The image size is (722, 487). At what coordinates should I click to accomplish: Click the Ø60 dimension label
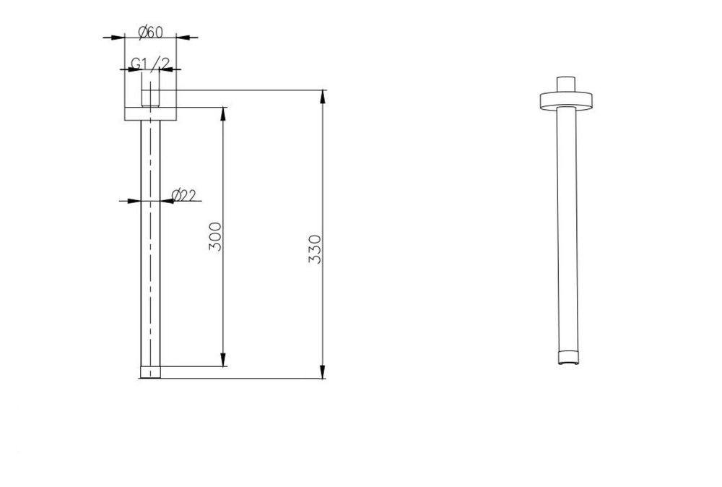tap(151, 32)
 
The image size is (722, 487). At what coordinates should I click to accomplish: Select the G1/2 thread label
tap(151, 63)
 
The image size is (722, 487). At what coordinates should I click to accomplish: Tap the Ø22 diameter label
tap(183, 195)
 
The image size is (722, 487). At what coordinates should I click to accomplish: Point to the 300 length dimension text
tap(215, 236)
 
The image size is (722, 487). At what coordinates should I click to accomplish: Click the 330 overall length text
tap(315, 249)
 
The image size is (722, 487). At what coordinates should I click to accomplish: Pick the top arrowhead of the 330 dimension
tap(323, 98)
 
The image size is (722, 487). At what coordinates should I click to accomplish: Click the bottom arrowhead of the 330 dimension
tap(323, 371)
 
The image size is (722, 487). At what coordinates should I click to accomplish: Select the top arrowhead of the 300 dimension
tap(223, 114)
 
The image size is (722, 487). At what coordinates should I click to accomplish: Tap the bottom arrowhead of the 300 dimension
tap(223, 360)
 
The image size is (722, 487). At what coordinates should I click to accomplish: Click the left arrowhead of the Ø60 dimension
tap(118, 38)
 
